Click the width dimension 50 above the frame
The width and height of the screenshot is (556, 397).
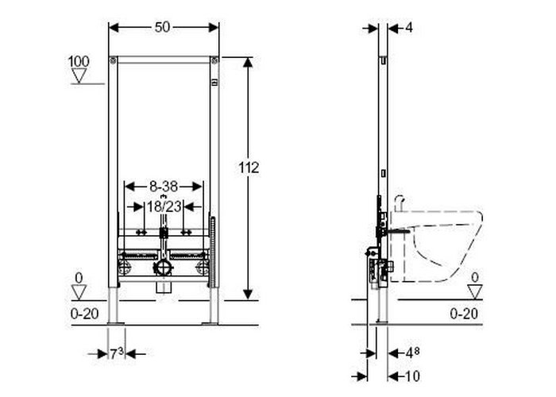(x=164, y=27)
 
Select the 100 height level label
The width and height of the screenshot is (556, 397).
(x=79, y=61)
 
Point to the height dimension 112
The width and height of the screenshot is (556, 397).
(x=249, y=168)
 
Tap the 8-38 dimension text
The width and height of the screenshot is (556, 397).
(x=164, y=187)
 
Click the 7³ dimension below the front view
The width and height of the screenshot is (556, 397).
(x=117, y=353)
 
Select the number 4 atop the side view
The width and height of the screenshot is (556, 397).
(x=408, y=28)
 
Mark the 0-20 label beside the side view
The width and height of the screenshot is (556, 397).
(x=464, y=314)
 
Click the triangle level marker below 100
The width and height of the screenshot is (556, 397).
(x=79, y=75)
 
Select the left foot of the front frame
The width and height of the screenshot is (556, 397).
(x=117, y=310)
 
